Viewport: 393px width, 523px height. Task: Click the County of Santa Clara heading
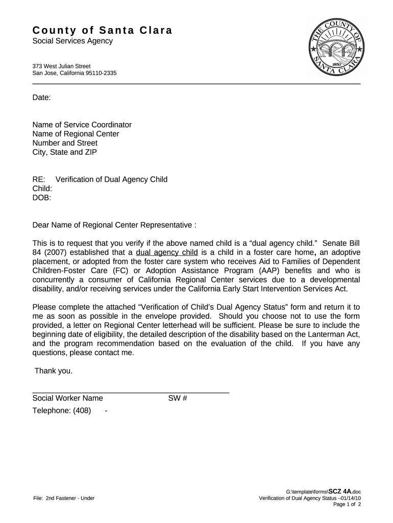coord(102,30)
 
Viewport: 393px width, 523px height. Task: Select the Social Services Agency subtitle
coord(72,41)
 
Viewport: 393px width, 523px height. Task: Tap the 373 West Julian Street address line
coord(61,66)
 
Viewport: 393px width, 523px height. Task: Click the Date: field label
coord(41,98)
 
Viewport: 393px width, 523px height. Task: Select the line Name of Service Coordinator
coord(82,125)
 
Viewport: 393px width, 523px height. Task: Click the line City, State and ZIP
coord(64,152)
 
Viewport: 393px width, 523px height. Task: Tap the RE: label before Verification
coord(39,179)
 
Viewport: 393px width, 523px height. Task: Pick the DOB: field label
coord(42,198)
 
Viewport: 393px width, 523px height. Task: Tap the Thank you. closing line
coord(54,371)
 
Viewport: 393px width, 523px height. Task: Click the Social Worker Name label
coord(67,398)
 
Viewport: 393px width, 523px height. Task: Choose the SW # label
coord(178,398)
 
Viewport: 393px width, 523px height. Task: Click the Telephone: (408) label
coord(61,411)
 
